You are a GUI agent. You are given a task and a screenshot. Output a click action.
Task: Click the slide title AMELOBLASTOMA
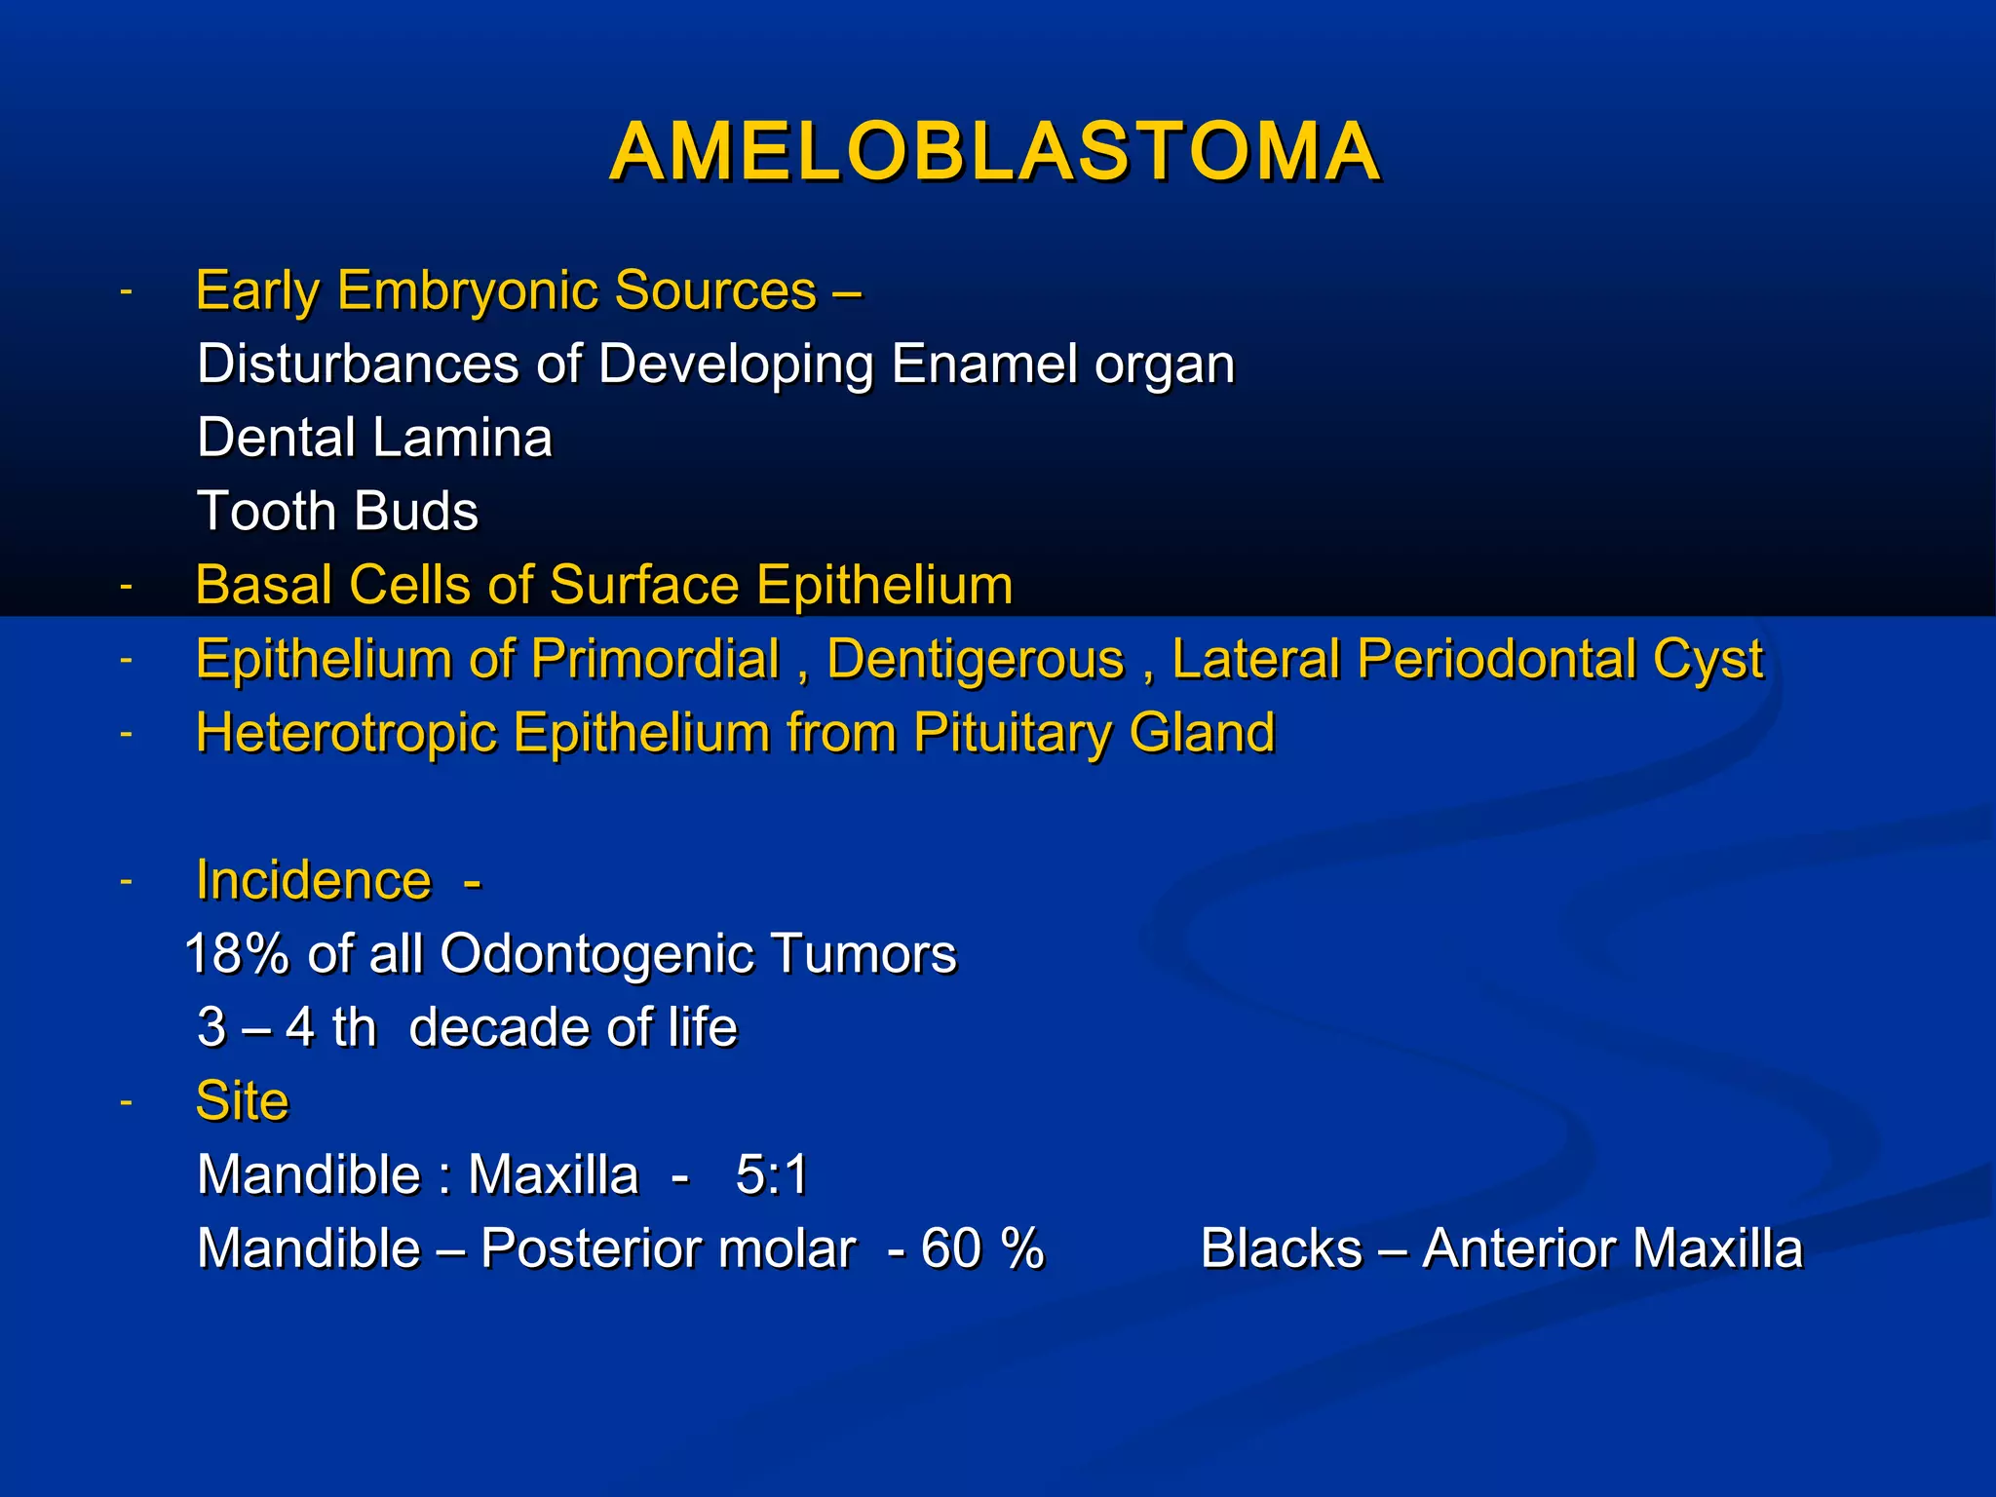(x=995, y=153)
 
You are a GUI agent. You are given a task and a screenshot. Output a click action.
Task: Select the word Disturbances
(x=357, y=365)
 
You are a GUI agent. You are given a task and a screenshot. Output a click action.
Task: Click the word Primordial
(x=655, y=660)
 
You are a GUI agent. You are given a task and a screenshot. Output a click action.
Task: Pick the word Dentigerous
(x=975, y=660)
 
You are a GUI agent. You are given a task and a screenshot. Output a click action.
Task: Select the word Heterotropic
(x=346, y=733)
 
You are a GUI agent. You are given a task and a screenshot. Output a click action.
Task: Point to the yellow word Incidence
(x=313, y=881)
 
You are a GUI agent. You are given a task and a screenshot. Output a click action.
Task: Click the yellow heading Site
(x=242, y=1101)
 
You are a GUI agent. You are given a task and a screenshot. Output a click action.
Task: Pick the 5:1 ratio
(x=772, y=1174)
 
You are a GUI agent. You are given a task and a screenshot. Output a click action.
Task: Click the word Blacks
(x=1281, y=1248)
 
